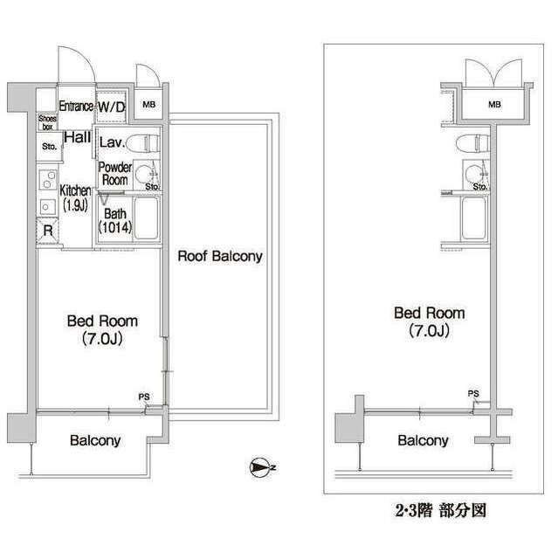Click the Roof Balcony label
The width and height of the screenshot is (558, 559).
pos(220,256)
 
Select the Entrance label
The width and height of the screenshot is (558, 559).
pos(76,106)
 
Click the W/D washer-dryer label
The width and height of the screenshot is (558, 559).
pos(112,107)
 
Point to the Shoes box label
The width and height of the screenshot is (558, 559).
pos(47,122)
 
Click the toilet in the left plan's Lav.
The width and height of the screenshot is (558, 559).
pos(143,143)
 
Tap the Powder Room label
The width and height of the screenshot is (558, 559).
pos(114,174)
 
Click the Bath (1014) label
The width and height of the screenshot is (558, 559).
pos(115,221)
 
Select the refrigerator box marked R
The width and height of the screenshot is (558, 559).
pos(47,231)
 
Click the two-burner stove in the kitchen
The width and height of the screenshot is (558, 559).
pos(48,179)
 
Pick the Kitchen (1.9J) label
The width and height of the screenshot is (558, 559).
pos(75,198)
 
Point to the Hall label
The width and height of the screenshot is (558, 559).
pos(78,137)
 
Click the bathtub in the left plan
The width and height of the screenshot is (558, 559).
pos(146,218)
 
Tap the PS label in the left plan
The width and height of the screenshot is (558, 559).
pos(144,397)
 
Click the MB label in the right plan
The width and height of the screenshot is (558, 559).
pos(494,105)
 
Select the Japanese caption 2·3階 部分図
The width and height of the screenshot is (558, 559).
pos(441,510)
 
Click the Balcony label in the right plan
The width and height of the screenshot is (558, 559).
pos(423,440)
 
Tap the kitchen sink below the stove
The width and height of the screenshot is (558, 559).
pos(47,206)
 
